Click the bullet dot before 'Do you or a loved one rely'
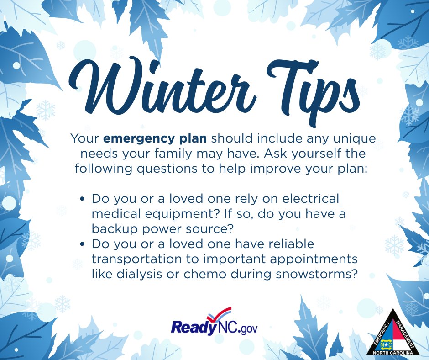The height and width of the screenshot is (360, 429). (83, 200)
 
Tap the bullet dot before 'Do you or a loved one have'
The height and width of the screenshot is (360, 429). (83, 245)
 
